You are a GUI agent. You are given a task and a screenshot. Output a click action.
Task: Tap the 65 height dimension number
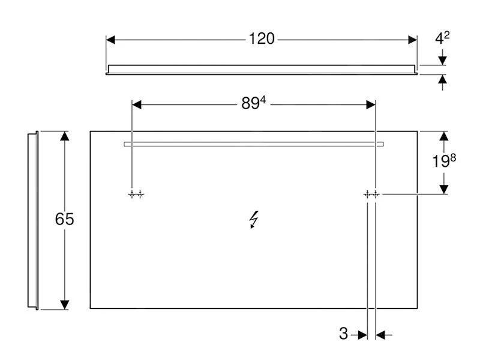(64, 220)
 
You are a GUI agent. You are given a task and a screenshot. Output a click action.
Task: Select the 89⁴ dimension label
(253, 104)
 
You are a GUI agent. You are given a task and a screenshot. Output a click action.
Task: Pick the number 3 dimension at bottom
(343, 334)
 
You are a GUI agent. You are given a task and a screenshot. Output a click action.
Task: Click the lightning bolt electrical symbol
(254, 221)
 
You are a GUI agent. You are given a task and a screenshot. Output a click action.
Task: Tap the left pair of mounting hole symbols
(136, 194)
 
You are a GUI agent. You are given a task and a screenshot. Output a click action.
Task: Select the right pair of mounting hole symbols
(371, 194)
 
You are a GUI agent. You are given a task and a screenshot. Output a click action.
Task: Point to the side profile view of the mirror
(33, 220)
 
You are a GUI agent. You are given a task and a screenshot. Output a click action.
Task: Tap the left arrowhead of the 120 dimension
(111, 40)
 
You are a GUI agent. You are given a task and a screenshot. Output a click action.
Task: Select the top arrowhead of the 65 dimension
(65, 136)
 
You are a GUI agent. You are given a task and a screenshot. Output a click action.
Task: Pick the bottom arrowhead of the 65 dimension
(65, 304)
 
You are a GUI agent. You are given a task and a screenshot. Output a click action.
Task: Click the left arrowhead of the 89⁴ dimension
(136, 104)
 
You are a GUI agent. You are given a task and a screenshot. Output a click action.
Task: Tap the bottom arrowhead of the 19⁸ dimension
(443, 188)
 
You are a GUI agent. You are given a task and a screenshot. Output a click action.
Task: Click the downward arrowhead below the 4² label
(443, 60)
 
